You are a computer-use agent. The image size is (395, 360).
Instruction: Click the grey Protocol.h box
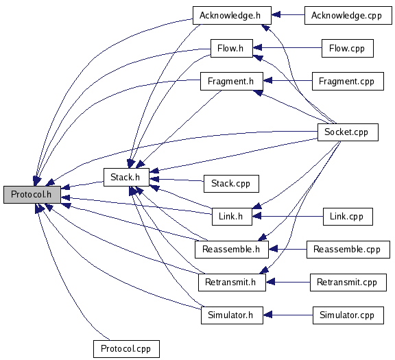pyautogui.click(x=32, y=195)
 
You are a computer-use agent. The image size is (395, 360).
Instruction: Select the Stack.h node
pyautogui.click(x=126, y=178)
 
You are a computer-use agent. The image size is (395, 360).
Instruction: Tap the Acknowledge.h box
pyautogui.click(x=232, y=16)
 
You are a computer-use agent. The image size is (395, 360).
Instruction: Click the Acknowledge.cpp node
pyautogui.click(x=348, y=16)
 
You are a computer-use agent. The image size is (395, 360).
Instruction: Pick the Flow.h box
pyautogui.click(x=232, y=49)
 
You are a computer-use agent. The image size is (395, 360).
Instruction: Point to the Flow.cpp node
pyautogui.click(x=348, y=49)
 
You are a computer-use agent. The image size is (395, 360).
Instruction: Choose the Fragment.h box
pyautogui.click(x=232, y=81)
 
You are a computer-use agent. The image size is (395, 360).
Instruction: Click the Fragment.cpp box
pyautogui.click(x=348, y=81)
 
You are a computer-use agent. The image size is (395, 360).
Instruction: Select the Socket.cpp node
pyautogui.click(x=348, y=132)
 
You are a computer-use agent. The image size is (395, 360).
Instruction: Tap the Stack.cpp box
pyautogui.click(x=231, y=184)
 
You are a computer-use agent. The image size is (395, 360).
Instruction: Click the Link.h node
pyautogui.click(x=232, y=217)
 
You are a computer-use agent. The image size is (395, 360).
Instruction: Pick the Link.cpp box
pyautogui.click(x=348, y=217)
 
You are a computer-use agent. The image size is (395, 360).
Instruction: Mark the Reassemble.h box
pyautogui.click(x=232, y=250)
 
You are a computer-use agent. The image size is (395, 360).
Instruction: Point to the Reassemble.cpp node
pyautogui.click(x=348, y=250)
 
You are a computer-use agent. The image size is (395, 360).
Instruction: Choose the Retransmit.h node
pyautogui.click(x=232, y=283)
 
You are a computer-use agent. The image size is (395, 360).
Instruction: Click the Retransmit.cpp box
pyautogui.click(x=348, y=283)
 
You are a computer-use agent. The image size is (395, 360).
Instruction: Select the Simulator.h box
pyautogui.click(x=232, y=315)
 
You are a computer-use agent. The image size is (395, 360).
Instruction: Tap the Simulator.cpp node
pyautogui.click(x=348, y=315)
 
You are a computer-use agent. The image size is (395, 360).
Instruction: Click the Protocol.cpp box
pyautogui.click(x=126, y=349)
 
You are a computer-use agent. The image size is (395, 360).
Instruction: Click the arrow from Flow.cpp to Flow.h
pyautogui.click(x=287, y=47)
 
